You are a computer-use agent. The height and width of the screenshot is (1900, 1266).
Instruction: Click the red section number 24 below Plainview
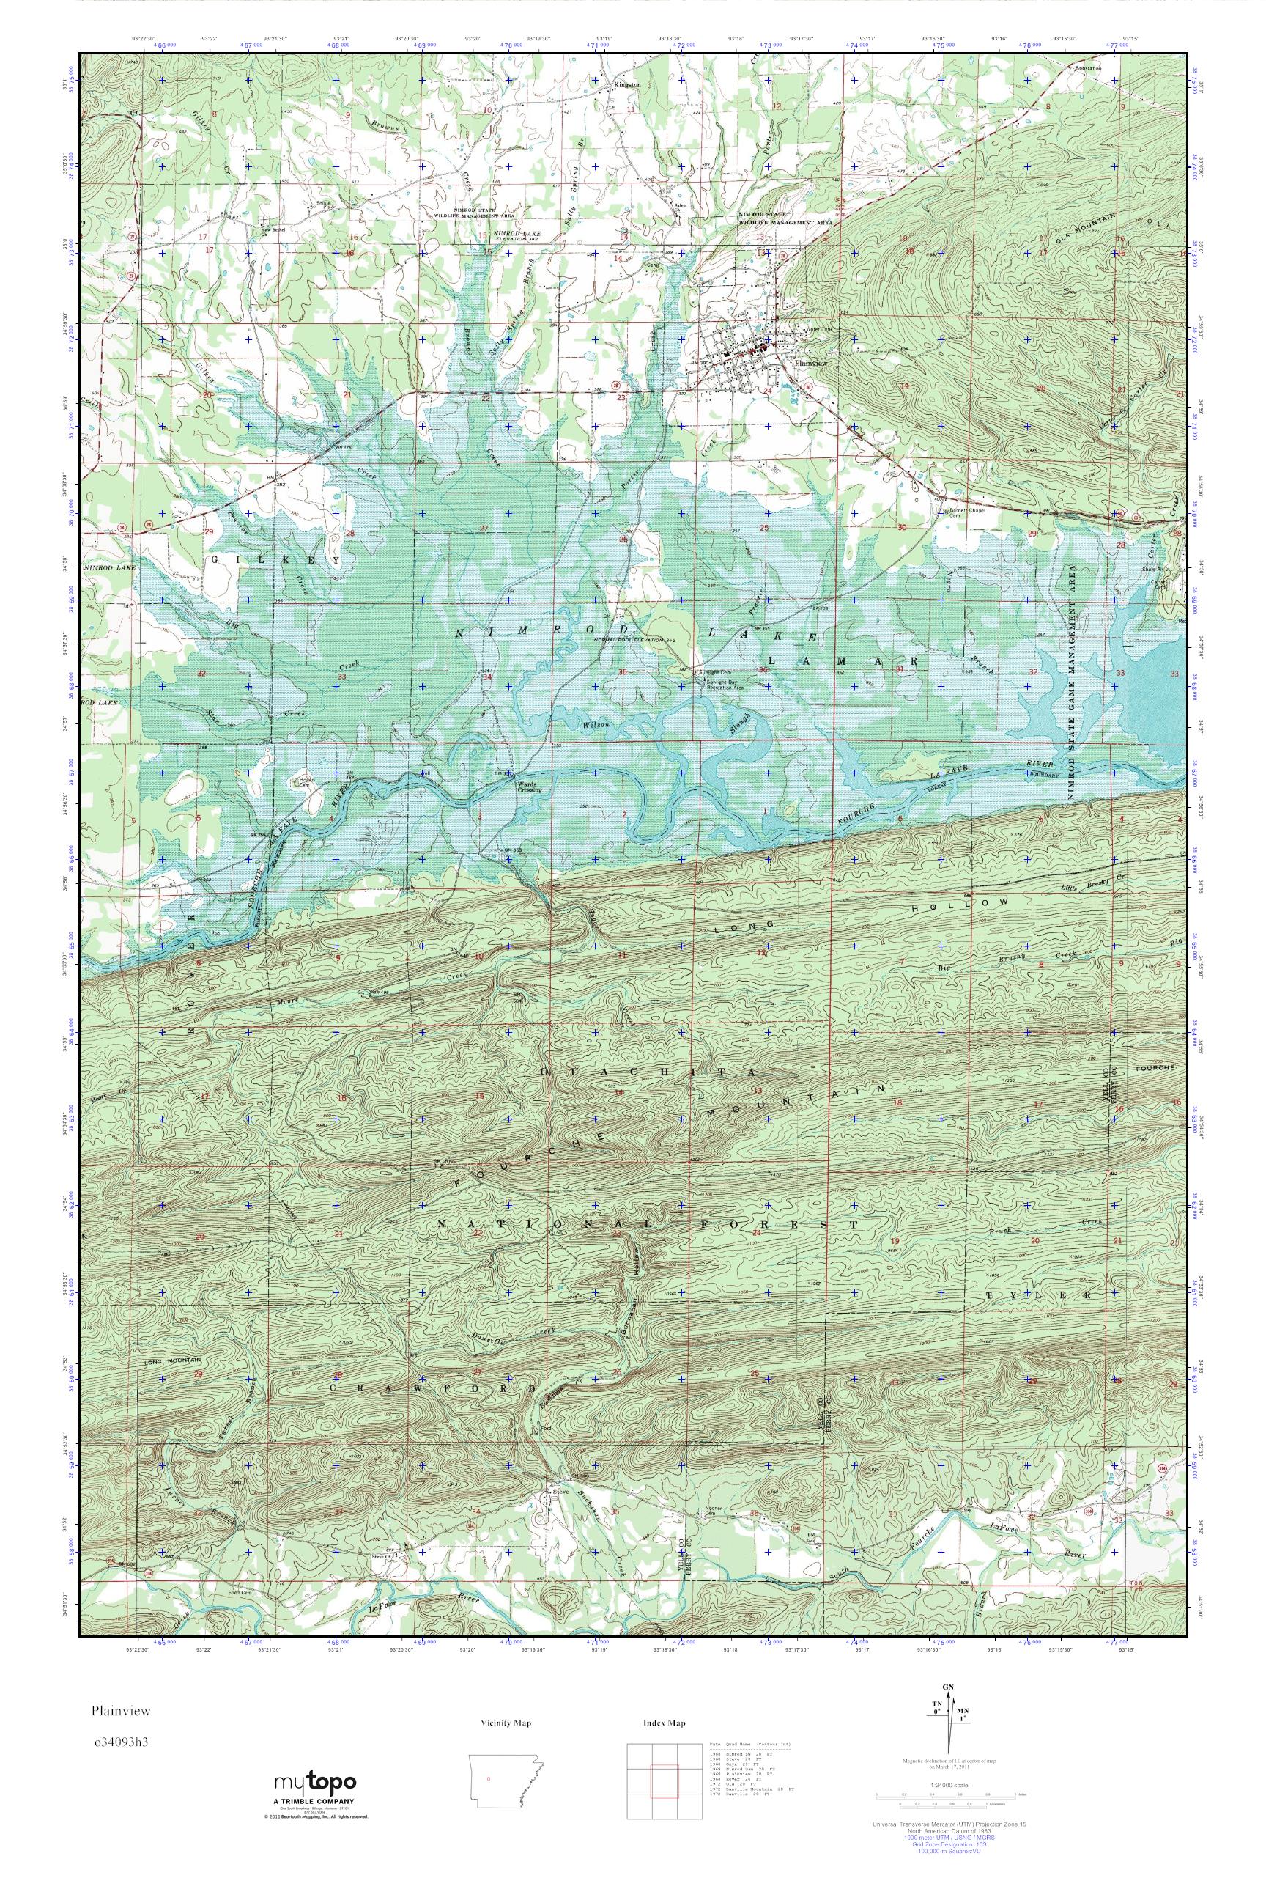(x=768, y=391)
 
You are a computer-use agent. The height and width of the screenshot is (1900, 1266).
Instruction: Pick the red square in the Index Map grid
(x=665, y=1775)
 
